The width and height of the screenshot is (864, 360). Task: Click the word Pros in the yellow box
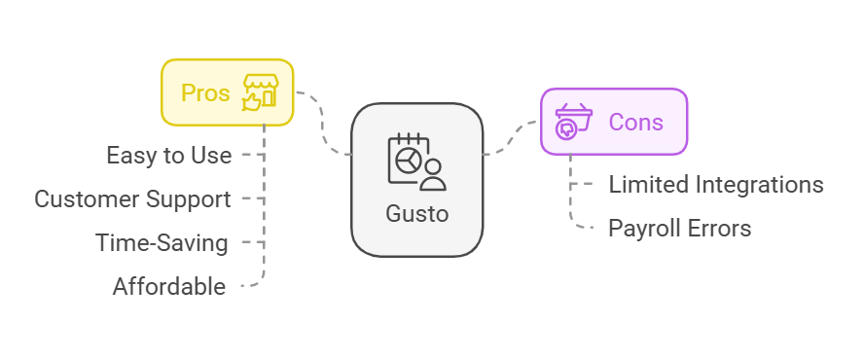coord(205,93)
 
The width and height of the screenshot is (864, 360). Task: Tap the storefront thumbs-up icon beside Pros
coord(260,91)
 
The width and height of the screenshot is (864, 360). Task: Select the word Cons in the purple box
coord(635,123)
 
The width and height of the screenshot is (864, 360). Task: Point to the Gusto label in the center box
coord(416,213)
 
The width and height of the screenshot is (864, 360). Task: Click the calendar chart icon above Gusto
coord(409,158)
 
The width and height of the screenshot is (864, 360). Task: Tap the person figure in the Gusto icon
coord(433,173)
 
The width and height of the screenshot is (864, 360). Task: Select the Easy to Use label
coord(169,155)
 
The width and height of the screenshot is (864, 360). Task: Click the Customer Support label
coord(132,199)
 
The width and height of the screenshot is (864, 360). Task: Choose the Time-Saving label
coord(162,243)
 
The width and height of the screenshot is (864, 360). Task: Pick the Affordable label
coord(169,287)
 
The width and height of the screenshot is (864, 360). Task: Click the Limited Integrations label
coord(716,184)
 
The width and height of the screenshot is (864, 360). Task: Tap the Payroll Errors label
coord(680,229)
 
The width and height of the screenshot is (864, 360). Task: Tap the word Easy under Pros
coord(127,155)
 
